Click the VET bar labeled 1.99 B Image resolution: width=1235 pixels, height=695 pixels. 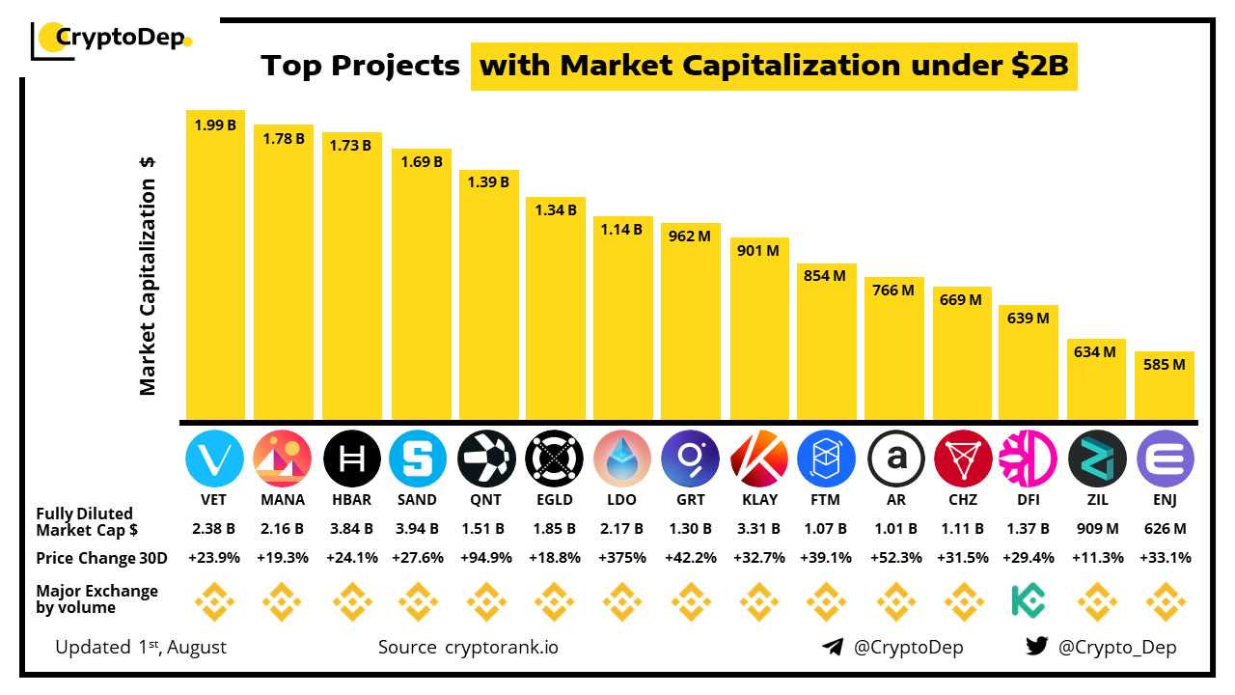(215, 265)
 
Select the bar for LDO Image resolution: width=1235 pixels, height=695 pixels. (622, 319)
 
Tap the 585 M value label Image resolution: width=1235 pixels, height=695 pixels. (1165, 365)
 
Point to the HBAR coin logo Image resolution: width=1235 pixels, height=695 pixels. (351, 459)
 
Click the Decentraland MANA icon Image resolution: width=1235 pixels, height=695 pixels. (283, 459)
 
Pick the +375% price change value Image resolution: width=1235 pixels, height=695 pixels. (622, 558)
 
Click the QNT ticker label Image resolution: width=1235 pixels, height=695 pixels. (486, 500)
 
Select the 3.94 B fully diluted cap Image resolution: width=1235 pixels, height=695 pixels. (418, 529)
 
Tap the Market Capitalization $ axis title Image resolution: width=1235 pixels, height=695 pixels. (148, 276)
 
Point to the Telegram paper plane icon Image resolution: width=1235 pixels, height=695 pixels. (833, 647)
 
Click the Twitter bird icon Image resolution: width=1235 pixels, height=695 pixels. (1037, 647)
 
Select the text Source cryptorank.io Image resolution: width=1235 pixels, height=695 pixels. (468, 647)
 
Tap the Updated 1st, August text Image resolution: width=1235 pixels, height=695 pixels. (141, 647)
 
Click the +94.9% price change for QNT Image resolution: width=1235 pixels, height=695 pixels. (486, 558)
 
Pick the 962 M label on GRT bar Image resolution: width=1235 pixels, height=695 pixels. (690, 236)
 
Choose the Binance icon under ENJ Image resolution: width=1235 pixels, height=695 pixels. (1165, 600)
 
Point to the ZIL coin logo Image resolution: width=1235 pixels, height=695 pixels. (1097, 459)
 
